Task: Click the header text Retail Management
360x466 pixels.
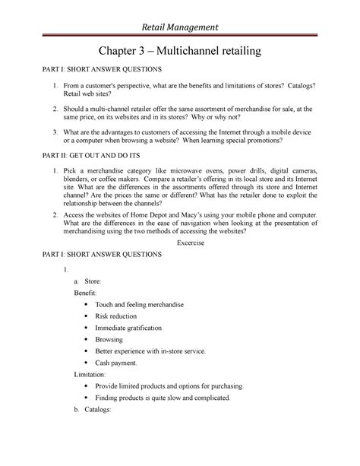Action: (180, 28)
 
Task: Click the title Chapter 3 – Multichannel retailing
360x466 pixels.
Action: (180, 52)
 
